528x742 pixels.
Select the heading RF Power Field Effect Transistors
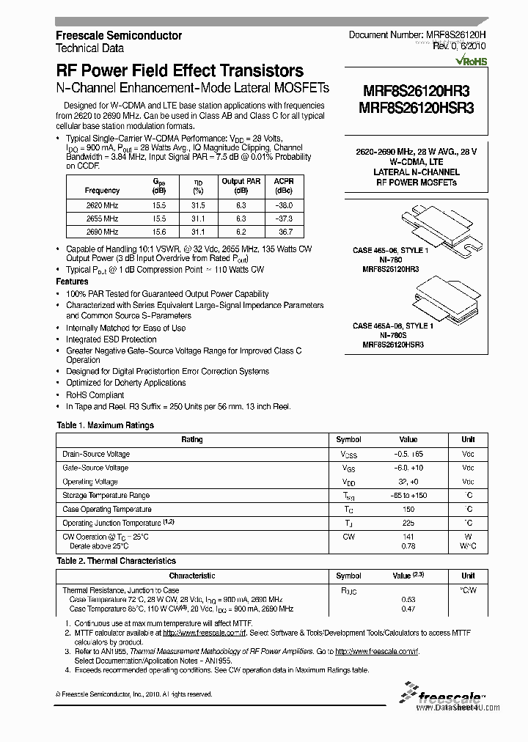pos(180,71)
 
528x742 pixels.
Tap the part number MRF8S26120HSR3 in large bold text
pos(417,107)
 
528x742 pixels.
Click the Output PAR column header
pos(242,185)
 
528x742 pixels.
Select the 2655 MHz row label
pos(102,218)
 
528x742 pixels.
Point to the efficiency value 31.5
pos(197,206)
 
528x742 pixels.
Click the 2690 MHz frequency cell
pos(102,231)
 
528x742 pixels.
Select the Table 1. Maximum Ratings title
pos(106,425)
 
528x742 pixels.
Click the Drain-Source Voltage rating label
pos(96,454)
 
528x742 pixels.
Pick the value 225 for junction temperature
pos(408,523)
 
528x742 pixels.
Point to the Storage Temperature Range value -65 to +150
pos(408,496)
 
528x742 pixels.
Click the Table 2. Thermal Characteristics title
pos(117,561)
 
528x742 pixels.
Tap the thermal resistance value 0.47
pos(408,609)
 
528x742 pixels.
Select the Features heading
pos(73,282)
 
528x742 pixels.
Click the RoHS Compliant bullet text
pos(95,394)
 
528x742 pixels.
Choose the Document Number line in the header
pos(417,35)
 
